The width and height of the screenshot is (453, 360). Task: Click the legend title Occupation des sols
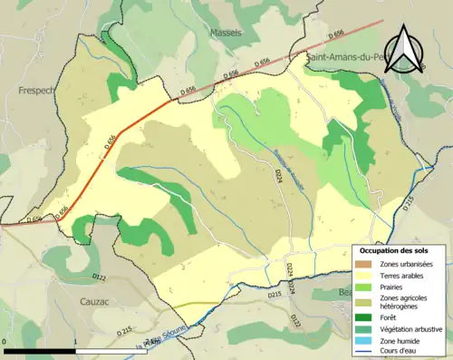398,249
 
